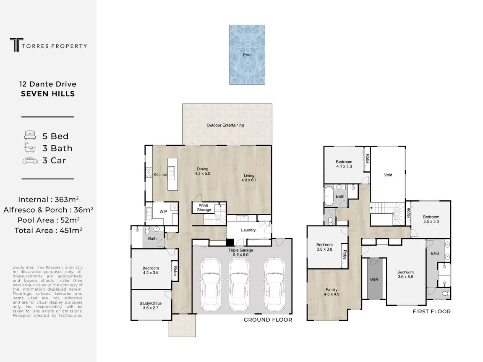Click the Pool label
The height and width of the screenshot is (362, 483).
click(247, 55)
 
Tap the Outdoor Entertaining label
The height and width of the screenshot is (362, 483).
click(225, 125)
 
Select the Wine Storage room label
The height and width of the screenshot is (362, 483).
click(204, 207)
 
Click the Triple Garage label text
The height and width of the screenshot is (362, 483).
click(240, 250)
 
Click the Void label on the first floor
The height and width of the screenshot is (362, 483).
click(388, 175)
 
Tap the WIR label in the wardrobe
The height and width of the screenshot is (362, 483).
click(374, 280)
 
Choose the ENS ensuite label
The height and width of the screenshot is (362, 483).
click(435, 254)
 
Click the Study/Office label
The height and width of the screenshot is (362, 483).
click(150, 303)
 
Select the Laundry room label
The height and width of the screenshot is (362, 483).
click(248, 230)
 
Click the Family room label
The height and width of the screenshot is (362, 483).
click(332, 290)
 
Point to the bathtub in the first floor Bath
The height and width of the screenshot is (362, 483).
click(329, 196)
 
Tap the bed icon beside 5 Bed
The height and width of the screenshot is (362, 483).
click(30, 135)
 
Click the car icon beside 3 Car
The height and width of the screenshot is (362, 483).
click(30, 161)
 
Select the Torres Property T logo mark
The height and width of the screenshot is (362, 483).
click(16, 45)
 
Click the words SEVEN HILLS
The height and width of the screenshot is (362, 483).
click(48, 94)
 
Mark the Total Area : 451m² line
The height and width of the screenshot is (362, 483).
click(48, 230)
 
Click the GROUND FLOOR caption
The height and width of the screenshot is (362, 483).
click(268, 320)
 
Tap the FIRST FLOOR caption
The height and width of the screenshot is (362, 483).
click(431, 312)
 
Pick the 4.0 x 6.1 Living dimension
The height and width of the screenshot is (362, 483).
click(249, 180)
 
